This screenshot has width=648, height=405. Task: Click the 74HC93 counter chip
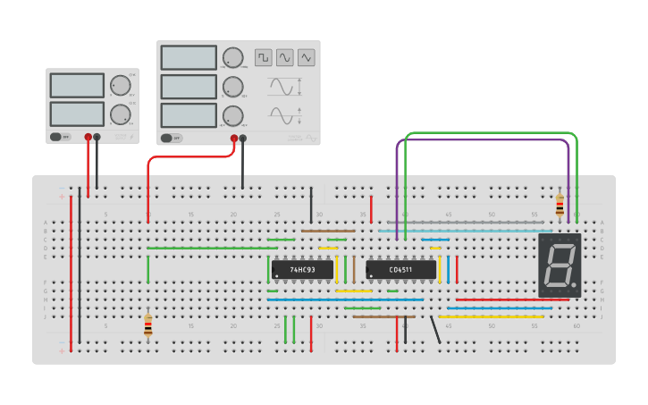click(302, 269)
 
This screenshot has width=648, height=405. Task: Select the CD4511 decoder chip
click(400, 269)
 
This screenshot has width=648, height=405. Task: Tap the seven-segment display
click(560, 266)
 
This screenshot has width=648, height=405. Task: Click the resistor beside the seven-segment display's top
click(560, 206)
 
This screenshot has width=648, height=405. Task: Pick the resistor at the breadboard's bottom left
click(147, 325)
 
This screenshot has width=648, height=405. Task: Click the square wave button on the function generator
click(263, 57)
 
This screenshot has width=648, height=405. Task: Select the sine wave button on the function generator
click(285, 57)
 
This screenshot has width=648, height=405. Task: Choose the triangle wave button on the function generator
click(307, 57)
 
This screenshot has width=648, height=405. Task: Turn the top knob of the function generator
click(232, 58)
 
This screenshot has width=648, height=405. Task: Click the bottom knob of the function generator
click(232, 115)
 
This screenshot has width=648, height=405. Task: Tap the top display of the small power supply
click(77, 85)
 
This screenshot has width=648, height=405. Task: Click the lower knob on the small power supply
click(120, 114)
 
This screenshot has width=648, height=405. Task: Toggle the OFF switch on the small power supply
click(60, 137)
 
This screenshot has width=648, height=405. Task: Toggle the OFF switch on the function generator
click(171, 138)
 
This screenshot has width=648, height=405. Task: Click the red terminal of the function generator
click(234, 139)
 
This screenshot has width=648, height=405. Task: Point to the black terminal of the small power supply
click(97, 138)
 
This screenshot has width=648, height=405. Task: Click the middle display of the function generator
click(189, 87)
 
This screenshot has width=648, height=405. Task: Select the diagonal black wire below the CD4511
click(435, 330)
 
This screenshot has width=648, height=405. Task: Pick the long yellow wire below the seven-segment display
click(490, 316)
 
